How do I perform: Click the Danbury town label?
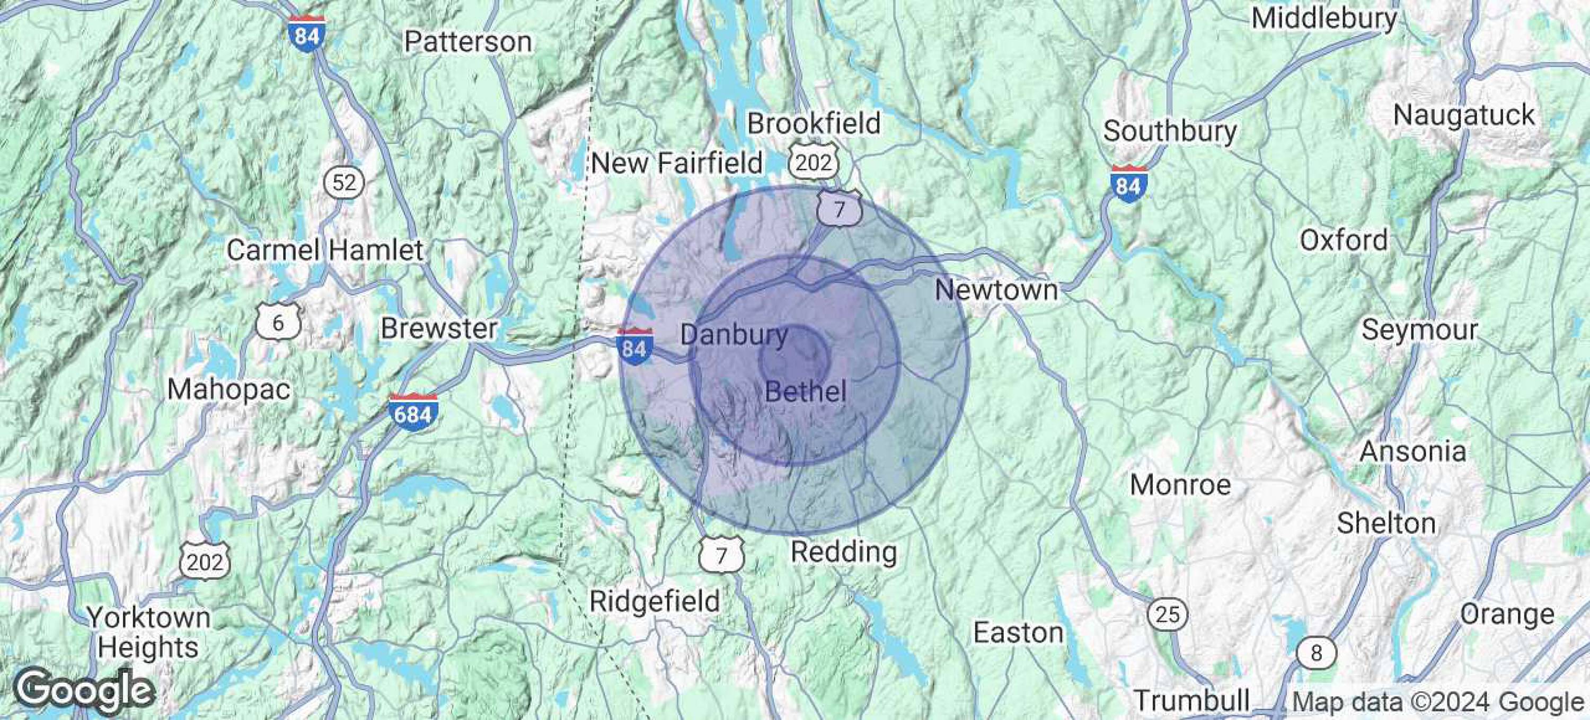(x=734, y=335)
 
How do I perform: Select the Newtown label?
(x=995, y=290)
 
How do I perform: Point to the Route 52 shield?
(x=344, y=183)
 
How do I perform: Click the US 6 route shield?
(x=278, y=322)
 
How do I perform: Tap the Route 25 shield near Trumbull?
(x=1167, y=615)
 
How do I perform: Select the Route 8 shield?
(x=1316, y=653)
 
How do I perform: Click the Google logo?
(x=83, y=690)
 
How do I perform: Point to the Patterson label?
(x=468, y=42)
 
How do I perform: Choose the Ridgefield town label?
(x=655, y=601)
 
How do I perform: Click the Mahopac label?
(x=228, y=389)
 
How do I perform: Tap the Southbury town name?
(x=1170, y=131)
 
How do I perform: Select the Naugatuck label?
(x=1463, y=115)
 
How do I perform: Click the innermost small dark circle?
(x=793, y=358)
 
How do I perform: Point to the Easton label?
(x=1018, y=633)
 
